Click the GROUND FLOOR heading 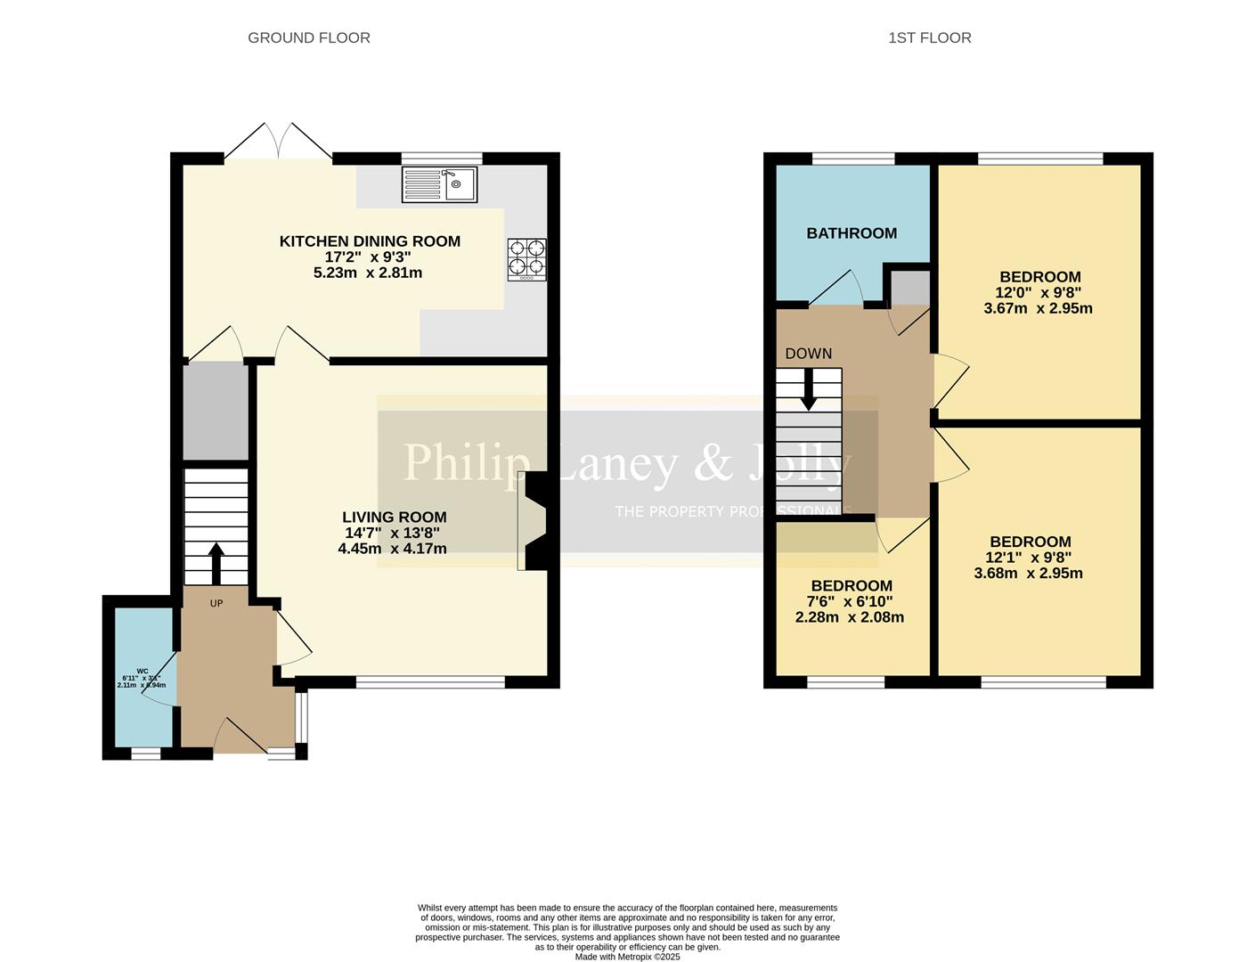(x=308, y=37)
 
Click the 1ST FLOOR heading (x=929, y=37)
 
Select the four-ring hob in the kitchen (x=526, y=258)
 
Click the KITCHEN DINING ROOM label (x=370, y=241)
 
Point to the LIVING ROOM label (x=394, y=518)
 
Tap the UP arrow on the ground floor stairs (x=216, y=562)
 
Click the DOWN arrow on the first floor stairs (x=808, y=389)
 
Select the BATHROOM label (x=852, y=233)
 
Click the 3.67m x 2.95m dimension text (x=1038, y=309)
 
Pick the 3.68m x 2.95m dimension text (x=1029, y=574)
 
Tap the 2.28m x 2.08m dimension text (x=850, y=617)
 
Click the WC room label (x=143, y=671)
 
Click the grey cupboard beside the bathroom (x=910, y=288)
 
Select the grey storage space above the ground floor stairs (x=216, y=411)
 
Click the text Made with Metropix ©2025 (x=627, y=957)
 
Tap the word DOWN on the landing (x=808, y=354)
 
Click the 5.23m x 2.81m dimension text (x=368, y=273)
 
